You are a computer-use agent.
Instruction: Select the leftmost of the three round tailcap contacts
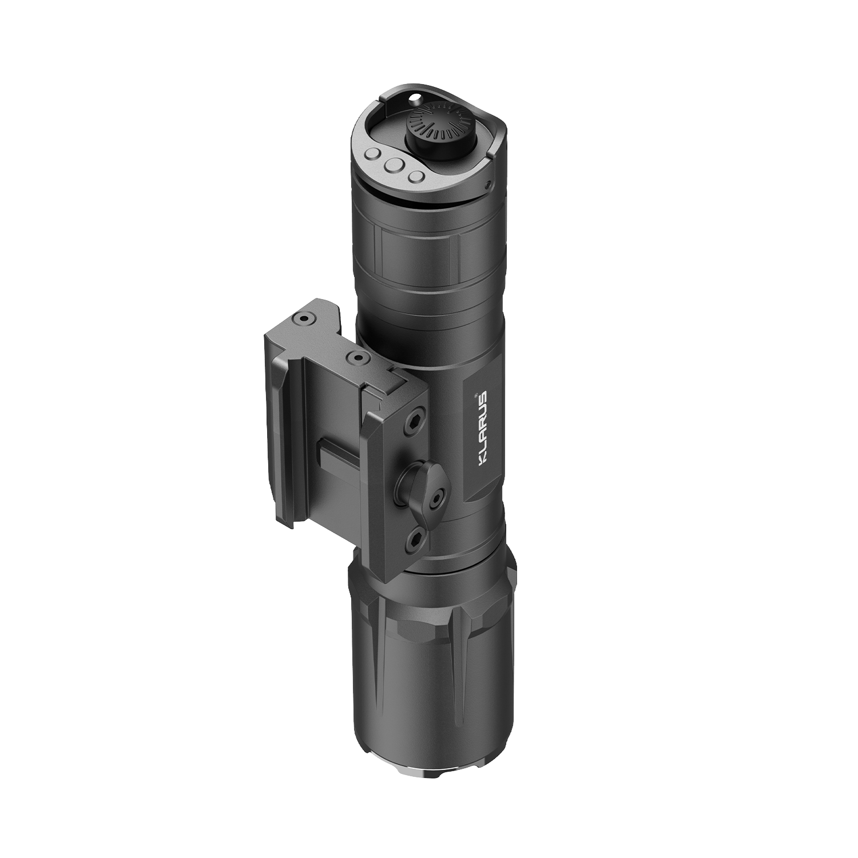[x=372, y=154]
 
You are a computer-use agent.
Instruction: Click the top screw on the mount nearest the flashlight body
[x=359, y=359]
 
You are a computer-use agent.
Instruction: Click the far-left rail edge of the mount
[x=273, y=429]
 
